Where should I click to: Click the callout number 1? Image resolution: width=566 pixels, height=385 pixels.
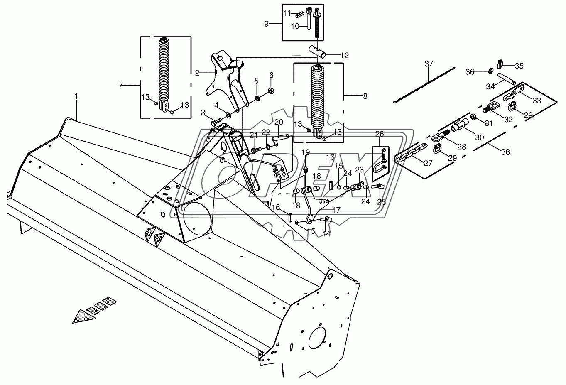point(76,96)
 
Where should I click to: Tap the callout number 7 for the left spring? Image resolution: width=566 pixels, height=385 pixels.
point(120,86)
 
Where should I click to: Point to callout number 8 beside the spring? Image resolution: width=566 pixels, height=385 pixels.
point(365,96)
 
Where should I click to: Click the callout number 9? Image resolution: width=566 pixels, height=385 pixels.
point(267,24)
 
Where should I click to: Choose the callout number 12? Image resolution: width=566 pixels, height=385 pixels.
point(345,55)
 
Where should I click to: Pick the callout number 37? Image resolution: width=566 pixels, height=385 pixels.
point(429,64)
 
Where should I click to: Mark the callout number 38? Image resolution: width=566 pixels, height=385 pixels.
point(505,152)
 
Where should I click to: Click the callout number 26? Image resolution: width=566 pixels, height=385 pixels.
point(380,134)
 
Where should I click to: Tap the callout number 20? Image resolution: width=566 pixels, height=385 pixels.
point(278,122)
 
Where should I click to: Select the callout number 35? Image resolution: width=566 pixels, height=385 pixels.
point(519,66)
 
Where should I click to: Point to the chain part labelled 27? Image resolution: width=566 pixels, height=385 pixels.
point(409,154)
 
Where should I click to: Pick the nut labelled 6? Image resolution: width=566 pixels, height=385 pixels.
point(270,89)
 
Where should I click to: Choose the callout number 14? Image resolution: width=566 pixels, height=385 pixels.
point(326,234)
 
